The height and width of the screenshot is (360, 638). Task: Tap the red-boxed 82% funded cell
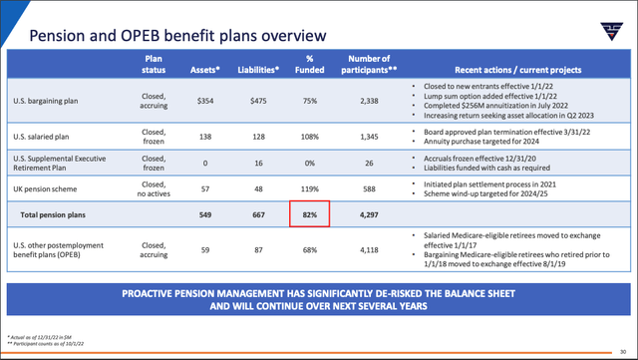coord(309,213)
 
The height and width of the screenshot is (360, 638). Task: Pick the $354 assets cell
coord(205,100)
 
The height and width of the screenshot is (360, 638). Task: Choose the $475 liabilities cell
coord(256,100)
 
